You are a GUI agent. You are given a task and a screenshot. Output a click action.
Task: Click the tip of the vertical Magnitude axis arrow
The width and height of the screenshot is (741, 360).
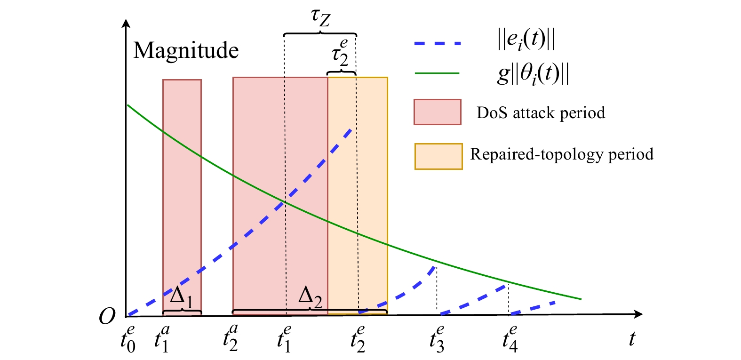(126, 19)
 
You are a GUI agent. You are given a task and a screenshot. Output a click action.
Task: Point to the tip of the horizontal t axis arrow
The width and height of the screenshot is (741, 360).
(642, 314)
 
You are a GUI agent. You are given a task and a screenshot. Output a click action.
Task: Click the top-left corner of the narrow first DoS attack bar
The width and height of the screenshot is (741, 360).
(163, 80)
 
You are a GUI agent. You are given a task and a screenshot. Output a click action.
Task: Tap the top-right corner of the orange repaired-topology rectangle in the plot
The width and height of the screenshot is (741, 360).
(387, 78)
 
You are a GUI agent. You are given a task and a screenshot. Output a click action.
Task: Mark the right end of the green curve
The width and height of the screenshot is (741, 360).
(581, 299)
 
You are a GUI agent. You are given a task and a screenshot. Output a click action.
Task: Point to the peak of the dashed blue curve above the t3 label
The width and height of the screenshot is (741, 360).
(435, 267)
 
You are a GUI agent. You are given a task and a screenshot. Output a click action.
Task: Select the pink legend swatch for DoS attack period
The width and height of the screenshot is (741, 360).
(438, 112)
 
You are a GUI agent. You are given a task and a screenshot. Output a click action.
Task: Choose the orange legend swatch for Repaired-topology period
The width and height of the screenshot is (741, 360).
(438, 157)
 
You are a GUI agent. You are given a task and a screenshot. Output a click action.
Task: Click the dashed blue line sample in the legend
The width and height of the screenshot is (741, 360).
(438, 43)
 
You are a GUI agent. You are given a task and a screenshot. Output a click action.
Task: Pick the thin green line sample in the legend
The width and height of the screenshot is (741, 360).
(437, 73)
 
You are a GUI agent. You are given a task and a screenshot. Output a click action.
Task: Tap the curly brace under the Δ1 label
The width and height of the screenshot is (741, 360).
(182, 311)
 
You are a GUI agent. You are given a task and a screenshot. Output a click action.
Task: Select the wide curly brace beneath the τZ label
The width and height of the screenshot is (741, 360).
(320, 33)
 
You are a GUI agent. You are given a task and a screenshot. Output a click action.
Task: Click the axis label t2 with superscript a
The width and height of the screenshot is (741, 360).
(231, 338)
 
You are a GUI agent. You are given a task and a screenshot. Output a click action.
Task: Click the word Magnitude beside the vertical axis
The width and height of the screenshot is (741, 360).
(186, 51)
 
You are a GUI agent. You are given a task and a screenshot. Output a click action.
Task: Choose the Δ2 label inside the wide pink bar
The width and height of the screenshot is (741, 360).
(310, 296)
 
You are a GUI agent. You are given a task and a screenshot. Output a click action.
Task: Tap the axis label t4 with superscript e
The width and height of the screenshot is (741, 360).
(510, 338)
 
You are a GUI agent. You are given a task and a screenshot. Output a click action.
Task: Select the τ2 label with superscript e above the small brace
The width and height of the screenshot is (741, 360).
(340, 53)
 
